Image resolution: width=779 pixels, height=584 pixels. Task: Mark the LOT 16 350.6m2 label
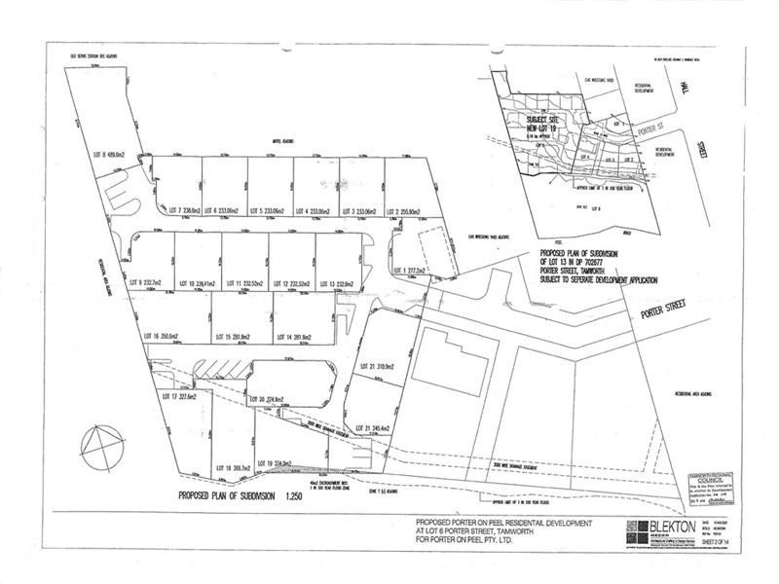click(164, 336)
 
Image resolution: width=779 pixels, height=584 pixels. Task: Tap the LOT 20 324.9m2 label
click(264, 399)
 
